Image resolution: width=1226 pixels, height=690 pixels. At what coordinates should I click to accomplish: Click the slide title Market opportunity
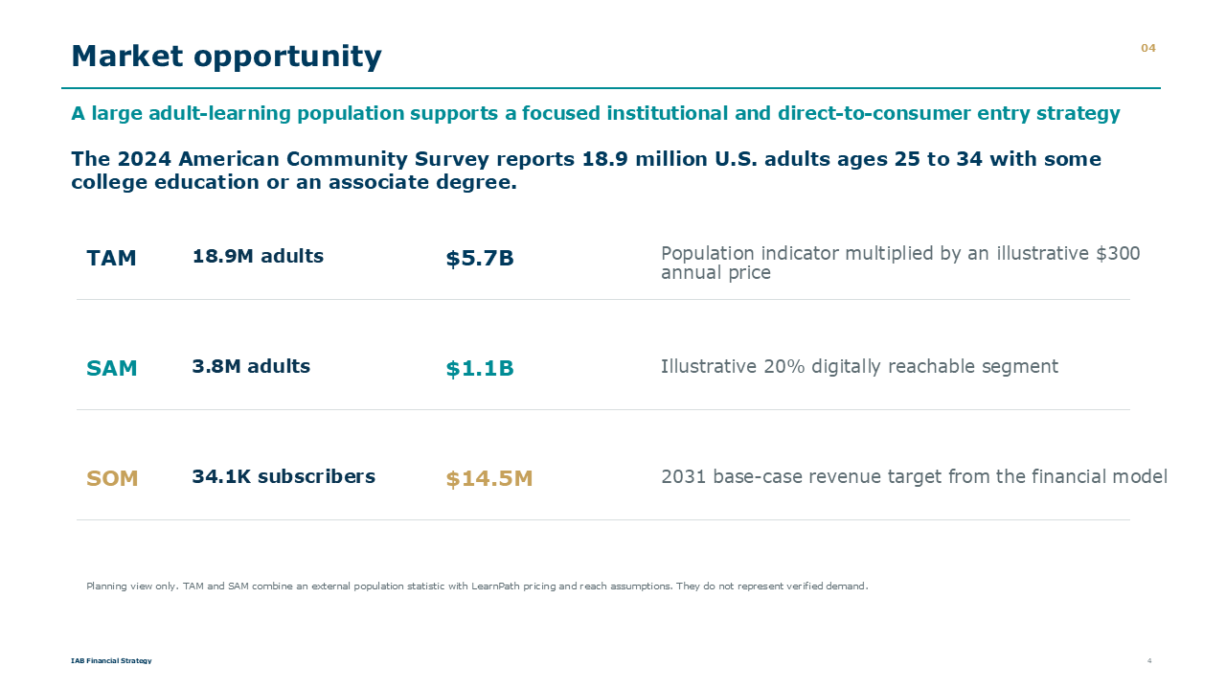[226, 57]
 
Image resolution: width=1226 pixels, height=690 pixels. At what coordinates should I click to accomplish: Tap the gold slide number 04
[1147, 48]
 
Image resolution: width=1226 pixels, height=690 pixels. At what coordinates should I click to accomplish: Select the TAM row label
[111, 258]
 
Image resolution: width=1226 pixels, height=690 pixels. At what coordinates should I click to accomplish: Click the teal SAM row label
[112, 368]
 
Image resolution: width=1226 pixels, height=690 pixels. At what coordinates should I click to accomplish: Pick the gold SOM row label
[112, 478]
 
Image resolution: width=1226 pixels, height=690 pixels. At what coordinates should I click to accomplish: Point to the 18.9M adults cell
[258, 256]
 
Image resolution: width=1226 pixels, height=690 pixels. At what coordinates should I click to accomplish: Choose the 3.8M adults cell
[251, 366]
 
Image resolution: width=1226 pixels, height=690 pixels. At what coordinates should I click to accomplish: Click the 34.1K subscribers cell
[284, 476]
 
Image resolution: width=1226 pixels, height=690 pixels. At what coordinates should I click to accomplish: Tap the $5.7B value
[480, 259]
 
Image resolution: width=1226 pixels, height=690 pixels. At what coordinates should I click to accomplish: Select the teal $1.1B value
[480, 369]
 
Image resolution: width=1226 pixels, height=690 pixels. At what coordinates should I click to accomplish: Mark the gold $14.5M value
[489, 479]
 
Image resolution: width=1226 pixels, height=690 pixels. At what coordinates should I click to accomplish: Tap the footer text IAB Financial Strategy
[111, 660]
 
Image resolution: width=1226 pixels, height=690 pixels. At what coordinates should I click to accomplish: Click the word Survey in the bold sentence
[451, 159]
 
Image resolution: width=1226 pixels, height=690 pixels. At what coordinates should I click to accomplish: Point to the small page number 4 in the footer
[1149, 660]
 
